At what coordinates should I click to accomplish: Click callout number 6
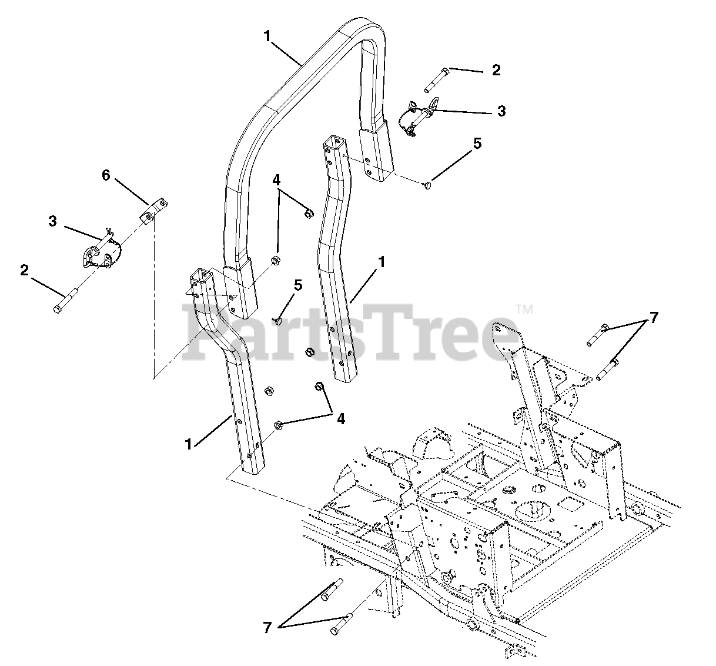pos(106,175)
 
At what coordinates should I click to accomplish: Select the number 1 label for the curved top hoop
pos(267,36)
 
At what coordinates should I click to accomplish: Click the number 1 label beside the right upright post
pos(382,262)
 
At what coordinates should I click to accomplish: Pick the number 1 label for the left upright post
pos(189,445)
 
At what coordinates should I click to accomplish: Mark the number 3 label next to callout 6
pos(53,221)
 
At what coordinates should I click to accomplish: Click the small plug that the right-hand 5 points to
pos(427,185)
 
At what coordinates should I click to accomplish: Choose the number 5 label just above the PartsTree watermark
pos(298,286)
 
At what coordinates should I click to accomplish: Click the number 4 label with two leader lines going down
pos(276,180)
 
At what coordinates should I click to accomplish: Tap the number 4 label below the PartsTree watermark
pos(339,418)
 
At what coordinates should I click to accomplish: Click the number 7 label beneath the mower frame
pos(267,628)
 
